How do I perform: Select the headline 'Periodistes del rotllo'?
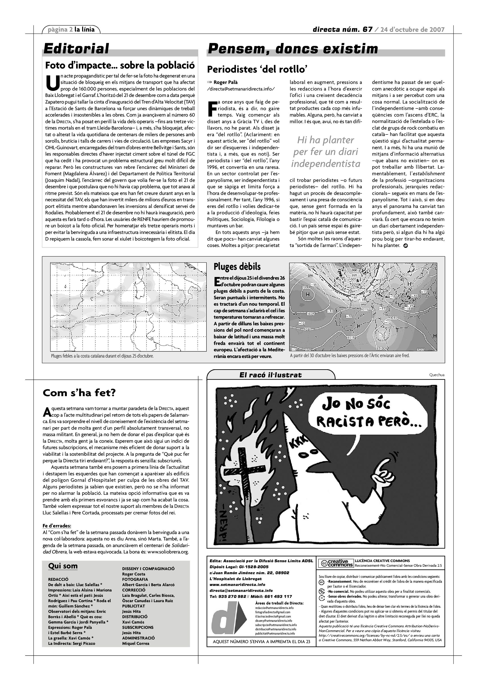(257, 70)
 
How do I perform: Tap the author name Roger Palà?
(225, 82)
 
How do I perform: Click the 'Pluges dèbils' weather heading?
(237, 266)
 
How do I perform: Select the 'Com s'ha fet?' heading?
(79, 393)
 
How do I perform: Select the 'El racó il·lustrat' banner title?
(270, 375)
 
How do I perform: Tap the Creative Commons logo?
(336, 563)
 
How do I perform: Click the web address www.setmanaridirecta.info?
(237, 585)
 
